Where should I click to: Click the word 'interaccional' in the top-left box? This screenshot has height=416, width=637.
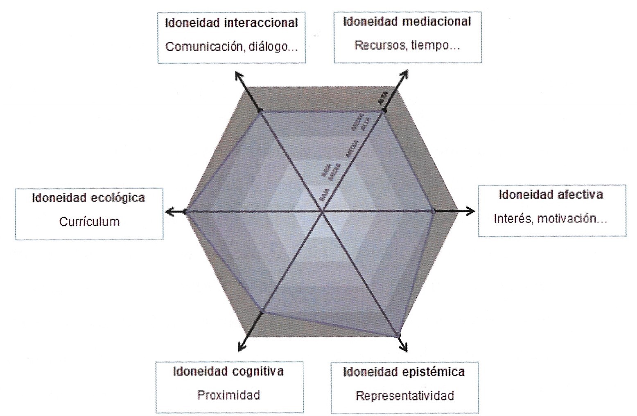coord(261,23)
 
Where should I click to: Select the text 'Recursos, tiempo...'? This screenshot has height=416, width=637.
coord(407,45)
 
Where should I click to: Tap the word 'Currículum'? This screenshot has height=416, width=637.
coord(89,222)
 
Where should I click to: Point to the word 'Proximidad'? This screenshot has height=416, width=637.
coord(229,395)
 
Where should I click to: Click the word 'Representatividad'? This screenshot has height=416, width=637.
coord(405,396)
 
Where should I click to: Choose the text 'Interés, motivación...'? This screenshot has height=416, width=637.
coord(551,219)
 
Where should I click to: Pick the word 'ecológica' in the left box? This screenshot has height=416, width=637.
coord(117,198)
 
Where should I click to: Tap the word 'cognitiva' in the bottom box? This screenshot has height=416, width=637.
coord(258,371)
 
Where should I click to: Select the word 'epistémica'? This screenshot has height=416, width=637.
coord(433,372)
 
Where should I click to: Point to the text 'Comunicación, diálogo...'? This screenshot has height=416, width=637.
coord(232,47)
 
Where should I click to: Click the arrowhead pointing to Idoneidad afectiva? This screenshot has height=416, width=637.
coord(471,211)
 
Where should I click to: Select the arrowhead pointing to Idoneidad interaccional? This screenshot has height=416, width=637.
coord(238,75)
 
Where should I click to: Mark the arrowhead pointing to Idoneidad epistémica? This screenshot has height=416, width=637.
coord(405,348)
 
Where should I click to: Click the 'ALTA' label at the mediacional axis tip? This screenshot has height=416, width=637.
coord(382,98)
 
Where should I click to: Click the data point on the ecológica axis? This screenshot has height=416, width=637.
coord(185,211)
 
